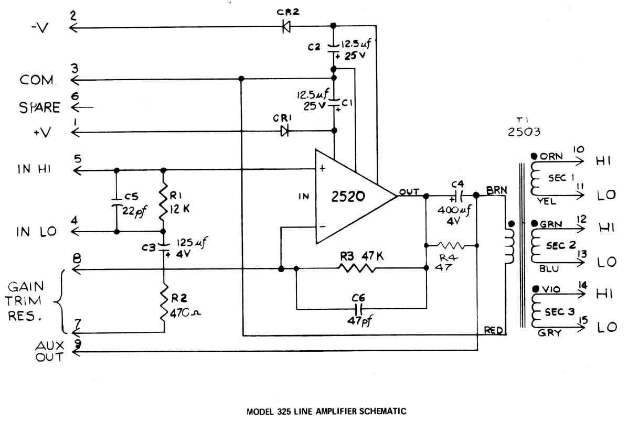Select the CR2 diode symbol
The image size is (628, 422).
click(x=286, y=27)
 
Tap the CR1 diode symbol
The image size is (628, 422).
click(x=285, y=131)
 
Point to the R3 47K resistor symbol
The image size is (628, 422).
click(x=357, y=268)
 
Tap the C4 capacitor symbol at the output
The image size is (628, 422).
click(x=456, y=196)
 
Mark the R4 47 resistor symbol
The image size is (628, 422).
click(x=451, y=245)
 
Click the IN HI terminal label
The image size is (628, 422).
click(x=38, y=169)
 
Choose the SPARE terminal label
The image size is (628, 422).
click(x=40, y=107)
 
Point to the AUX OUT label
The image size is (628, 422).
click(x=49, y=351)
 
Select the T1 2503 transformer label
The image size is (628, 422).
click(x=524, y=127)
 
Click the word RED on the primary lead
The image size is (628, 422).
click(x=494, y=330)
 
